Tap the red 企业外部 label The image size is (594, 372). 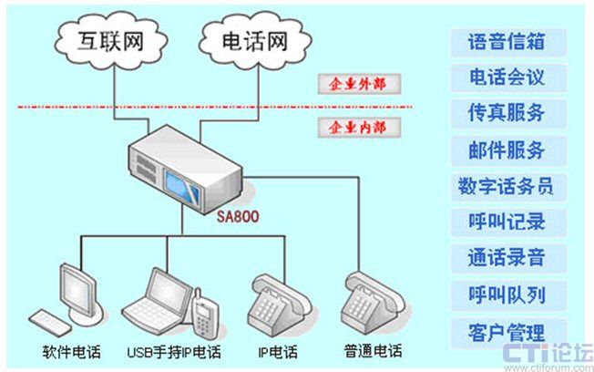click(351, 84)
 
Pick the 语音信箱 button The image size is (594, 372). click(507, 43)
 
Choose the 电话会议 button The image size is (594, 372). click(507, 77)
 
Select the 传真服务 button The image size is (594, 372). click(507, 114)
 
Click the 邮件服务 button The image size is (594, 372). click(507, 150)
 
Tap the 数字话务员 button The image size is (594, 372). click(507, 187)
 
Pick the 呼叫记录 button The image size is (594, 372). click(507, 222)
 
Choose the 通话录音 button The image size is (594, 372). click(507, 258)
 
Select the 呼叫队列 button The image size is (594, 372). click(507, 294)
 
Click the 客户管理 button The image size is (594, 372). click(507, 332)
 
